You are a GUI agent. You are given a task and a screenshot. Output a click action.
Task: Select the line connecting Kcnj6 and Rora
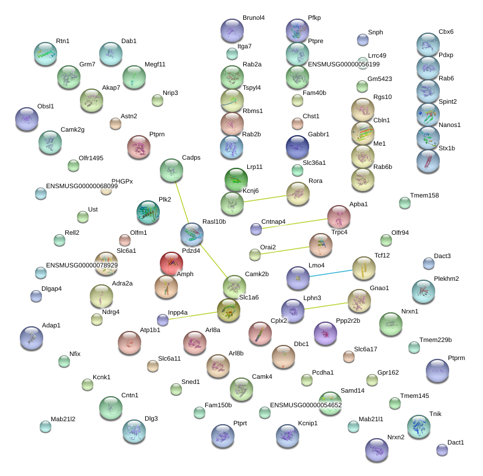click(265, 199)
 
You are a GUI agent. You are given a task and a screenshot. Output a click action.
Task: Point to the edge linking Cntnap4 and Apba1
click(295, 224)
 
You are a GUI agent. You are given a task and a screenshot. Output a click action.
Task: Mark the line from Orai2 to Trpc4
click(285, 251)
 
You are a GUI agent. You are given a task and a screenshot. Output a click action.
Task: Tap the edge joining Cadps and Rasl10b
click(182, 202)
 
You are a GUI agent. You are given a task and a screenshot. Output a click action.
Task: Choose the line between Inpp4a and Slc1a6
click(193, 315)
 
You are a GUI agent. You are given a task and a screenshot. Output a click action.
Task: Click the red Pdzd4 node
click(171, 264)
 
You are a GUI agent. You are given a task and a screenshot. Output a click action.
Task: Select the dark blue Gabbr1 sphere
click(297, 147)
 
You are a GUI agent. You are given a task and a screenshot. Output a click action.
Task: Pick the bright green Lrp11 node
click(236, 179)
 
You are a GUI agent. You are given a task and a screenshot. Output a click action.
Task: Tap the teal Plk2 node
click(148, 212)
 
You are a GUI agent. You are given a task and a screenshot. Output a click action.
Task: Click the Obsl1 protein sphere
click(27, 119)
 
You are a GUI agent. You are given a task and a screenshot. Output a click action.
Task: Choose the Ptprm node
click(437, 371)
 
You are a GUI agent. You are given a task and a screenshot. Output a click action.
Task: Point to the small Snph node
click(363, 40)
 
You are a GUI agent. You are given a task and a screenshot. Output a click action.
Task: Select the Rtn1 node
click(45, 54)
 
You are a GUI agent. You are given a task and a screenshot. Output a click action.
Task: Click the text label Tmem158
click(425, 195)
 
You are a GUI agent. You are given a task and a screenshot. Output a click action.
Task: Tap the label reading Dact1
click(456, 442)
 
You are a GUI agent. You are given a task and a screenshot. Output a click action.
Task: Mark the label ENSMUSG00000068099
click(82, 186)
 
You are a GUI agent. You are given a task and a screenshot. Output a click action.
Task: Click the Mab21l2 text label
click(63, 419)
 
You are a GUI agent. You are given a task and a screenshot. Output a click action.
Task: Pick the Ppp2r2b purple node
click(325, 333)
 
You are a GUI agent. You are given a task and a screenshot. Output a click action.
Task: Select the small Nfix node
click(64, 362)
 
